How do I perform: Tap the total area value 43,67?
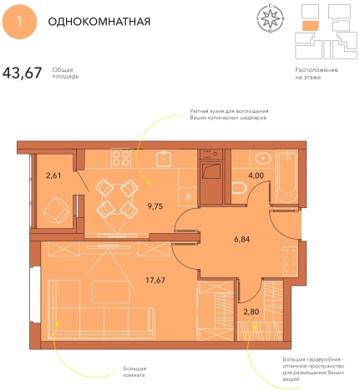[23, 73]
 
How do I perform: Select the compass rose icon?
[271, 18]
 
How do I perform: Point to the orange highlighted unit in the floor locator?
[311, 25]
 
